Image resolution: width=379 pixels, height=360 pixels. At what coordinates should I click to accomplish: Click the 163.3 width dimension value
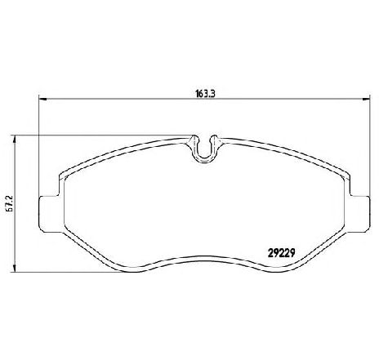(205, 94)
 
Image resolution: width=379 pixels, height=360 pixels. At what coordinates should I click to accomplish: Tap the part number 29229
(282, 254)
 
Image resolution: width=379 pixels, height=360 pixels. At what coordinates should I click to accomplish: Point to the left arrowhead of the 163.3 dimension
(43, 99)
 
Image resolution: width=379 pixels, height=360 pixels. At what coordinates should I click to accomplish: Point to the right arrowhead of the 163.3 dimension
(365, 99)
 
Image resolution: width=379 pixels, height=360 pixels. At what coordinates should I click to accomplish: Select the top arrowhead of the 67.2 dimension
(15, 140)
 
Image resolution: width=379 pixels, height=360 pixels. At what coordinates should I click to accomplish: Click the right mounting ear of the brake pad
(360, 214)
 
